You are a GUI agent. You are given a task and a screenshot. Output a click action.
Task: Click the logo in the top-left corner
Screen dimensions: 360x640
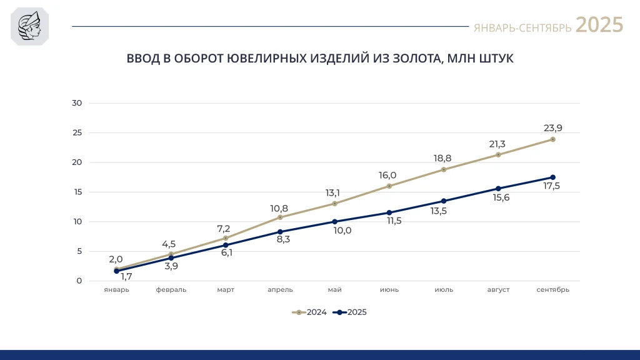point(30,27)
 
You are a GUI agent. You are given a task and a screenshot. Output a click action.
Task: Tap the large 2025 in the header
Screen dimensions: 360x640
point(599,25)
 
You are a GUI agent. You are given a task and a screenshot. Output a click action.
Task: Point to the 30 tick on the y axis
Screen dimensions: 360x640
point(77,103)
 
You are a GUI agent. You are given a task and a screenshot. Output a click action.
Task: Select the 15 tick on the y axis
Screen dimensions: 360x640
point(77,192)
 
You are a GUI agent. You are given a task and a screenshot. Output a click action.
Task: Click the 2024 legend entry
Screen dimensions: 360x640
point(309,312)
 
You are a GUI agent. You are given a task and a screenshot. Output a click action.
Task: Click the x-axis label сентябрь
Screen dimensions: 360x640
point(552,290)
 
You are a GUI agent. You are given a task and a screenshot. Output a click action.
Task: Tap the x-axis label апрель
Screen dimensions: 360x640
point(280,290)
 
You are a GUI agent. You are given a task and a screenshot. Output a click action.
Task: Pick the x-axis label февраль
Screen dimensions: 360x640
point(171,290)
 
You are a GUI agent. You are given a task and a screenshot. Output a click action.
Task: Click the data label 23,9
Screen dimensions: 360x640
point(552,128)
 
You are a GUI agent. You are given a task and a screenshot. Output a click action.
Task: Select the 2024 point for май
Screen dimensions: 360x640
point(335,203)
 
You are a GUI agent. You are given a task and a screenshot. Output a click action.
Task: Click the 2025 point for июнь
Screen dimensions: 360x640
point(389,212)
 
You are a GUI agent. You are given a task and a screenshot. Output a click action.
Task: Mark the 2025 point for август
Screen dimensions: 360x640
point(498,188)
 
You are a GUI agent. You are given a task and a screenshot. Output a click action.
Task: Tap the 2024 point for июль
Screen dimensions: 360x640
point(444,169)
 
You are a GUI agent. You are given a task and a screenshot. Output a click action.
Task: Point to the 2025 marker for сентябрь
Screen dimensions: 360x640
point(552,177)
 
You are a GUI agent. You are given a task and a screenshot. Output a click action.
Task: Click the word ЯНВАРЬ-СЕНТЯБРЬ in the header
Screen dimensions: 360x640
point(522,28)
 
